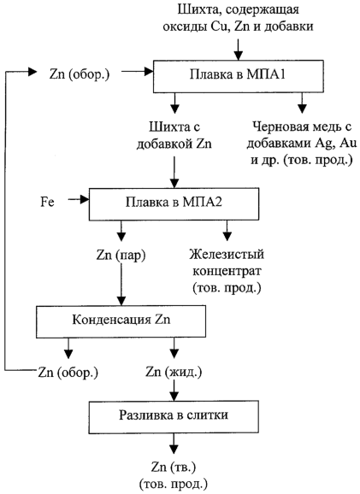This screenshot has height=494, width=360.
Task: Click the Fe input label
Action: [x=47, y=202]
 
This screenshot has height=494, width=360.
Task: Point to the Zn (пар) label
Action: [x=121, y=256]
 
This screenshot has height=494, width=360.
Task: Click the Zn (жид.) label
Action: [x=174, y=373]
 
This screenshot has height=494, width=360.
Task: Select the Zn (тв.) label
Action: [x=174, y=468]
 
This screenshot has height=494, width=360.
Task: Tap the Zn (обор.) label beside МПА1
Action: [x=80, y=75]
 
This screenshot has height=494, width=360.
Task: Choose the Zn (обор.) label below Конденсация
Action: [x=68, y=373]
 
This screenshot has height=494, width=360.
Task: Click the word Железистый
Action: [x=227, y=254]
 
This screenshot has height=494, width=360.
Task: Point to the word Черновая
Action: [x=280, y=127]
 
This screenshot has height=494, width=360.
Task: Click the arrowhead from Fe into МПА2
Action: [x=86, y=199]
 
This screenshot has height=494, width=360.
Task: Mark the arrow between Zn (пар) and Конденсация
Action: [x=121, y=284]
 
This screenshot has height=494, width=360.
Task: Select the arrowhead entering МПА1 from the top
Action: [x=239, y=56]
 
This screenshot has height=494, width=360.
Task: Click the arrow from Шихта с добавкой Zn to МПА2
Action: [x=174, y=172]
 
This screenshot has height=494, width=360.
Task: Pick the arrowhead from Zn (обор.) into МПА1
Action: [x=149, y=72]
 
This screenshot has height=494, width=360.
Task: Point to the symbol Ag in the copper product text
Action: [x=323, y=144]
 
